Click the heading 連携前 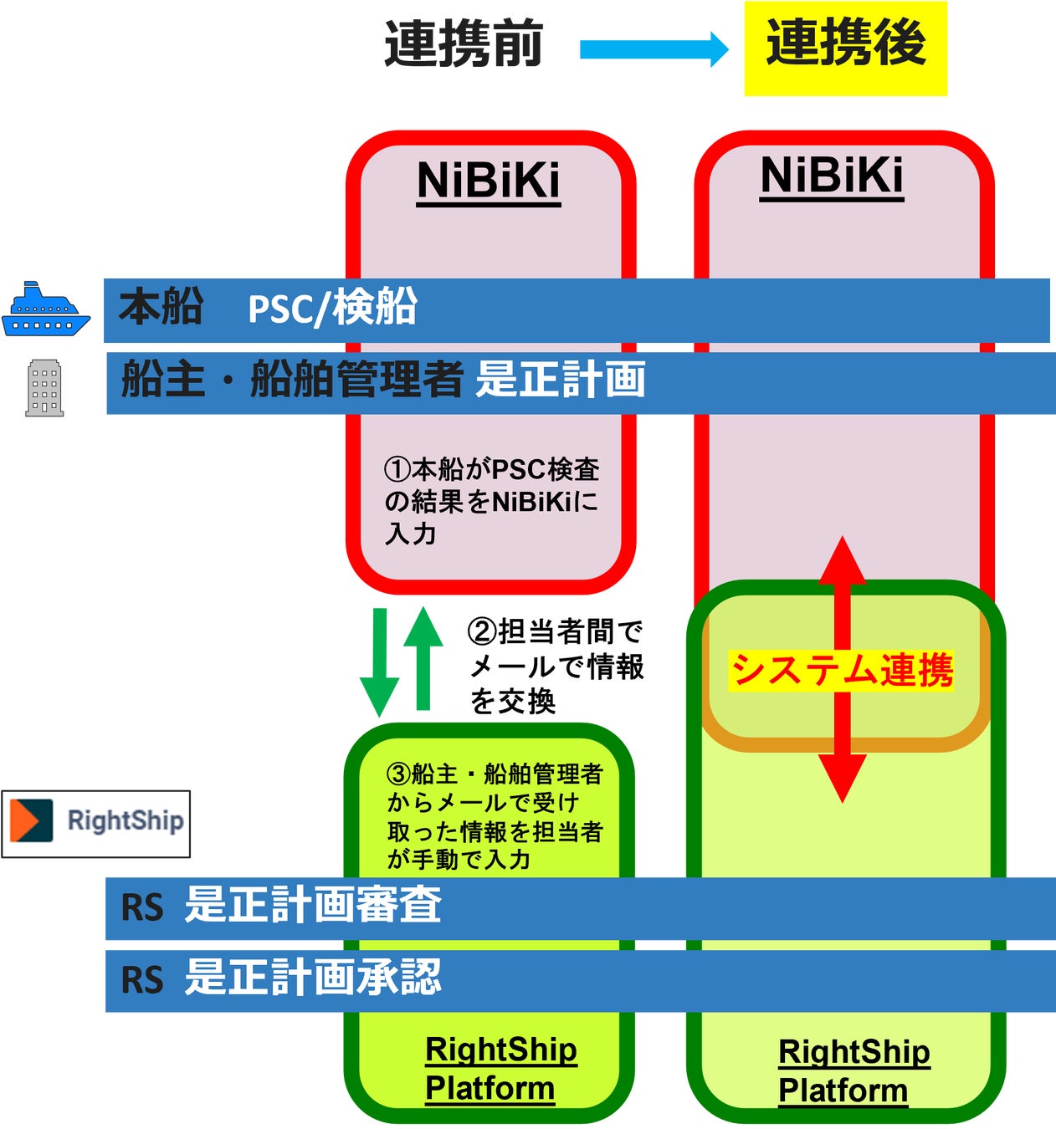click(x=464, y=44)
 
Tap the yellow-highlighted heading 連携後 click(x=845, y=43)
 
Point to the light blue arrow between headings click(x=654, y=49)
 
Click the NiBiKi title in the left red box click(x=489, y=181)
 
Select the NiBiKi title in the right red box click(x=832, y=176)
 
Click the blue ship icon click(x=45, y=310)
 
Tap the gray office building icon click(x=44, y=388)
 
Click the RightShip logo click(x=96, y=823)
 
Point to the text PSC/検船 click(x=332, y=309)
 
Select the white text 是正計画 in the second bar click(x=561, y=380)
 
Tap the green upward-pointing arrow click(x=423, y=658)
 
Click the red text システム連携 click(x=841, y=671)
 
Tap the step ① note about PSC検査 click(x=492, y=501)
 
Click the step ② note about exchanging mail click(x=556, y=667)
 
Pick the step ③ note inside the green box click(x=494, y=816)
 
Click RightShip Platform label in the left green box click(x=500, y=1070)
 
